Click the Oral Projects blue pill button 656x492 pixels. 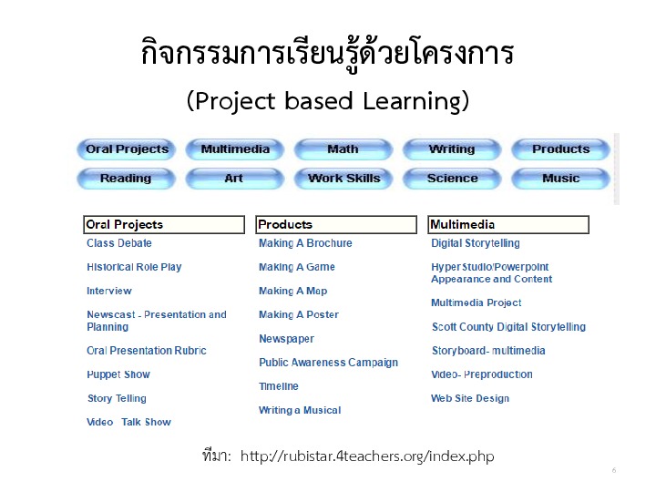coord(127,149)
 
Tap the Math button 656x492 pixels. coord(343,149)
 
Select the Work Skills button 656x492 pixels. coord(343,179)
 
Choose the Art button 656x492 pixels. coord(235,179)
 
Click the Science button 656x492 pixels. coord(452,179)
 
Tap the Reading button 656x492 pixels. coord(127,179)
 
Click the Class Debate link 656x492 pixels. coord(119,243)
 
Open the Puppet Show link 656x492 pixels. coord(118,374)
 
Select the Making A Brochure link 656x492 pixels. coord(305,243)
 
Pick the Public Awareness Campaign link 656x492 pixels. coord(328,363)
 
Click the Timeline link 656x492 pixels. coord(279,386)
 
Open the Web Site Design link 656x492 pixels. coord(470,398)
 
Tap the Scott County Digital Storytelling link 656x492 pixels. coord(508,327)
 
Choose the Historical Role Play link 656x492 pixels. coord(134,267)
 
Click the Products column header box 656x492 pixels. coord(336,225)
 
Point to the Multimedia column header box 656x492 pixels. coord(508,225)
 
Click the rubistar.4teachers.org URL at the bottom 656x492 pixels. coord(367,456)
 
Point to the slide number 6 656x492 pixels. coord(614,470)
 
